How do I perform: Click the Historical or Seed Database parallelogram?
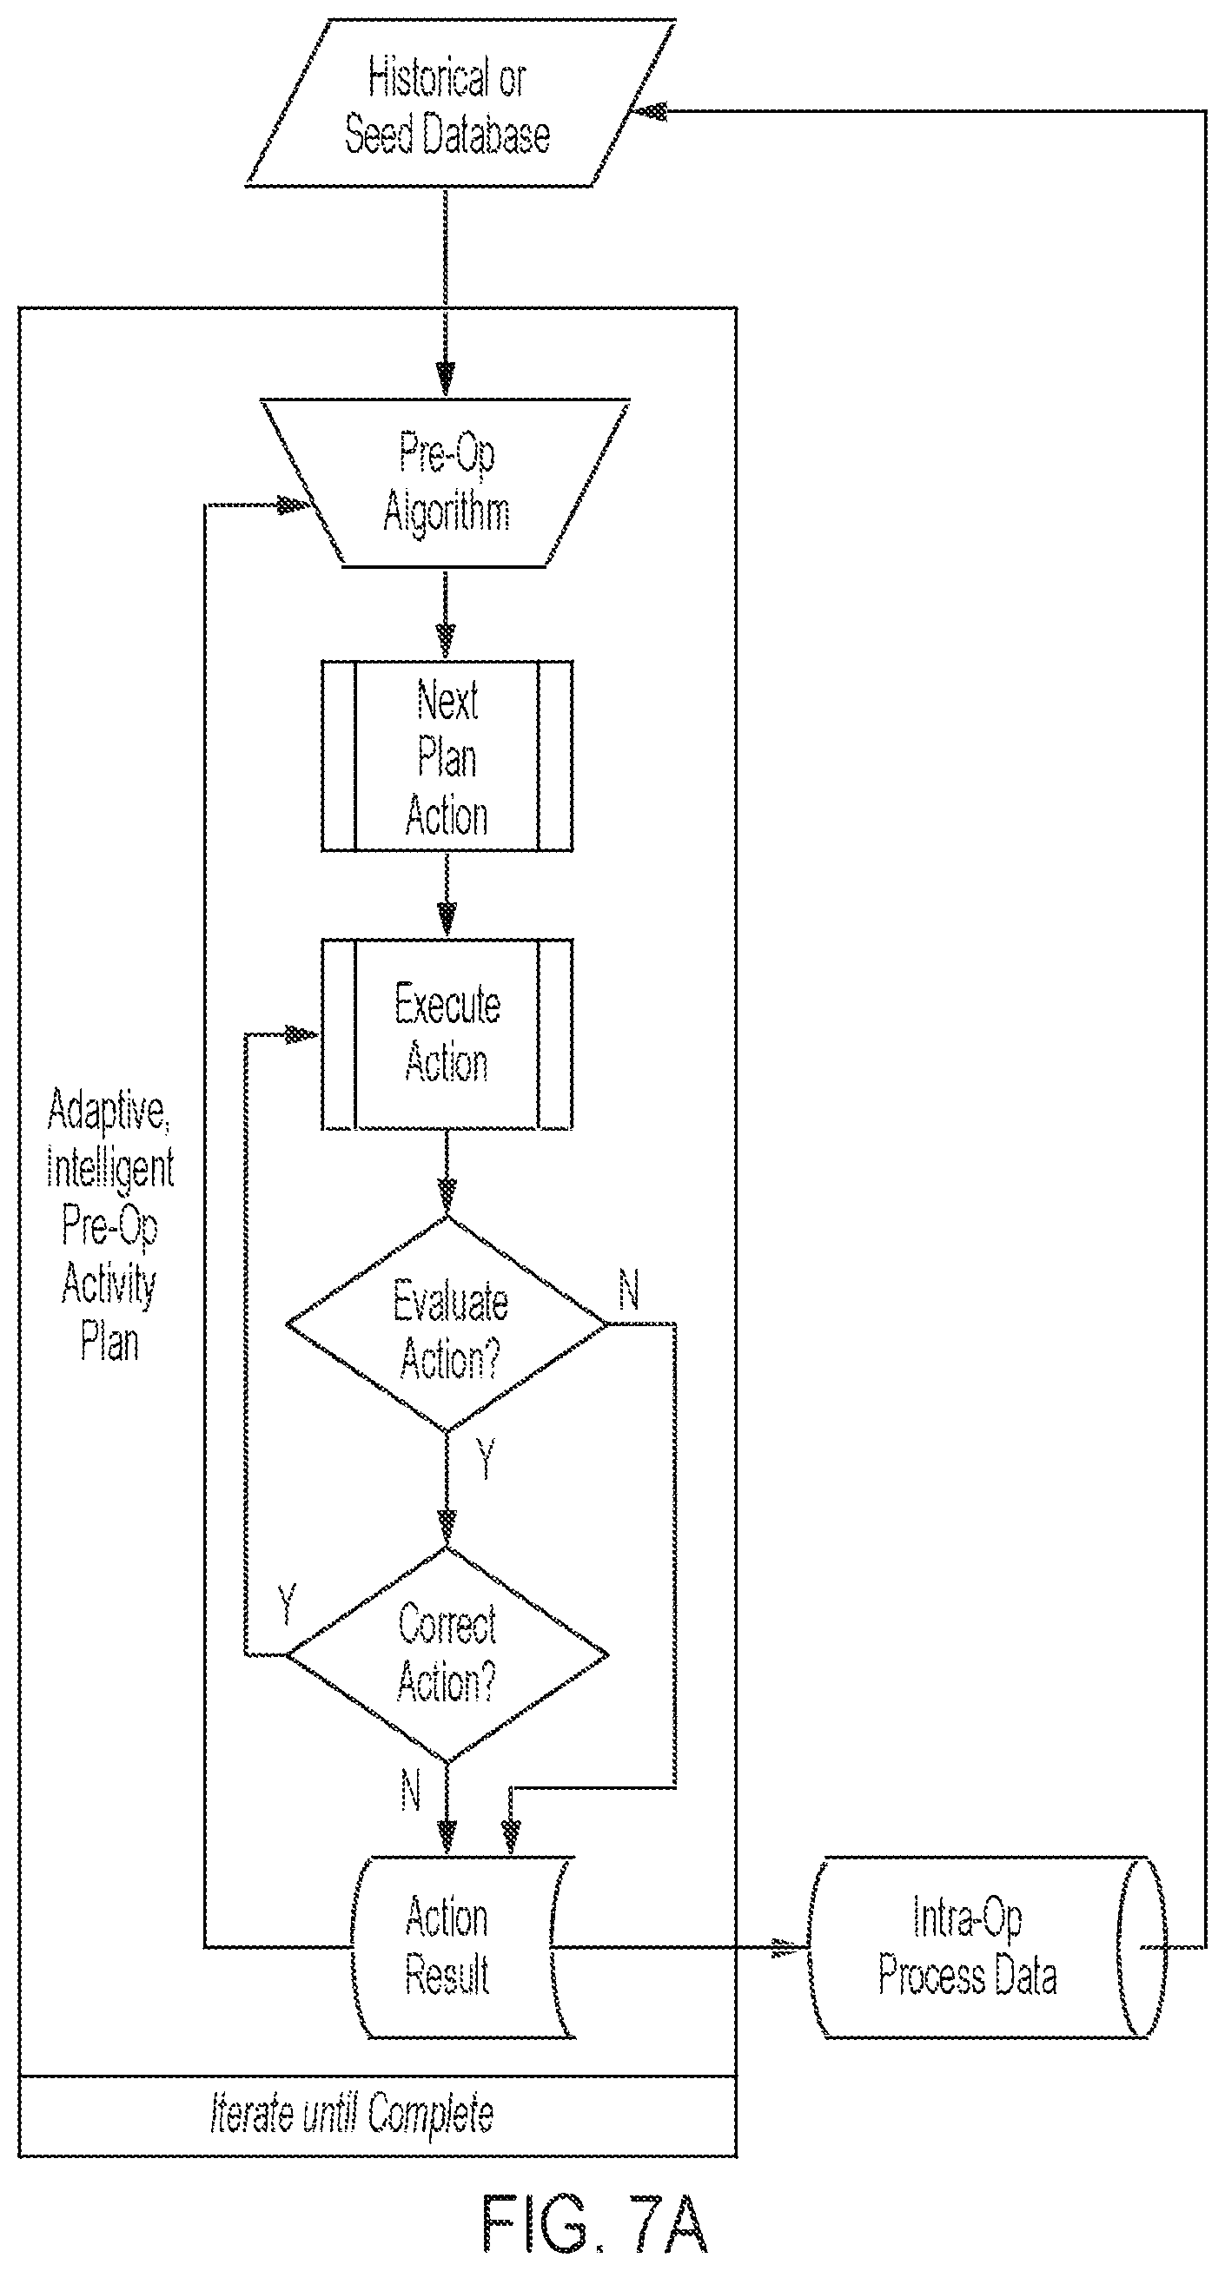point(460,104)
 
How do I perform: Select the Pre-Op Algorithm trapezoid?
point(446,482)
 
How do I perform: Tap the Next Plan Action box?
point(447,756)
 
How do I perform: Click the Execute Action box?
point(447,1034)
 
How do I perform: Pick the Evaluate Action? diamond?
point(447,1324)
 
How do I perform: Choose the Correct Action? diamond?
point(447,1654)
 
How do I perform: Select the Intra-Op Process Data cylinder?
point(987,1946)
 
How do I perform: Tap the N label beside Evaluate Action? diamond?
point(629,1291)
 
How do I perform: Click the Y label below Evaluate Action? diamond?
point(485,1458)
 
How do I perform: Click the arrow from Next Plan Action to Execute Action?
point(447,895)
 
